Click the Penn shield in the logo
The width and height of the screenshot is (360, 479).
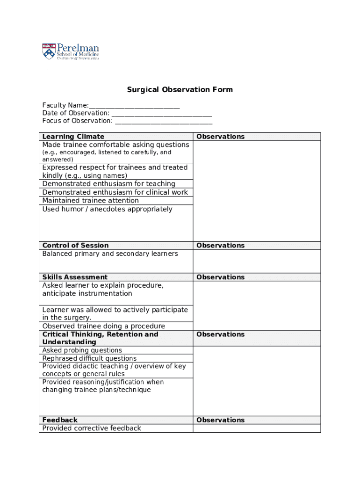49,51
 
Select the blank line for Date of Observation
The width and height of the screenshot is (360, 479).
162,113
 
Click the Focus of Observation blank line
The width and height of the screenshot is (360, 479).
164,121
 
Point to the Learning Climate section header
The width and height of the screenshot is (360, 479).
73,137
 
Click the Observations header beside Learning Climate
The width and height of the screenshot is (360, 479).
220,137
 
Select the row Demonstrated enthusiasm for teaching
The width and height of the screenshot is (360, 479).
108,184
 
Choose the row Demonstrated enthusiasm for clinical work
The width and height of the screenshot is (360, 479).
115,192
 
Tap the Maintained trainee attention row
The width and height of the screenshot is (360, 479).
90,201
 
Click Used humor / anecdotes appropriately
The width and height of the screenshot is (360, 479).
107,209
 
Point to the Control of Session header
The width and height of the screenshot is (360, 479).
75,246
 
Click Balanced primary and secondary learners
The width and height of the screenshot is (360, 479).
110,254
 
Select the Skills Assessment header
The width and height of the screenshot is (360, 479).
75,277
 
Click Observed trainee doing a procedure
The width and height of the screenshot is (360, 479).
103,326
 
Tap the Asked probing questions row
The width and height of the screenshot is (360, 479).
82,350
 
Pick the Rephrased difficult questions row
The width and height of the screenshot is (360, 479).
89,358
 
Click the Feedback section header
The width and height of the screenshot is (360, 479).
60,420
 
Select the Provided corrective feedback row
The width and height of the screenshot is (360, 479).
92,428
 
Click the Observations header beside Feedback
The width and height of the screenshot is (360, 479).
220,420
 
